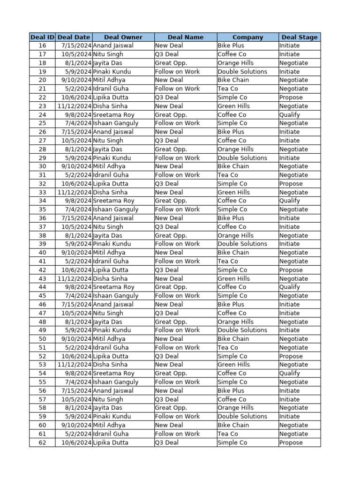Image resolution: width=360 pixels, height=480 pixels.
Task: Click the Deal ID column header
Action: (42, 37)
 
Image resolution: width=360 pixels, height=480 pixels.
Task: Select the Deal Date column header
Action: (74, 37)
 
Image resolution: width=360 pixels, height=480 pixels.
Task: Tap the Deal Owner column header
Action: (123, 37)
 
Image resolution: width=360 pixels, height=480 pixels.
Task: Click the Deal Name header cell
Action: (186, 37)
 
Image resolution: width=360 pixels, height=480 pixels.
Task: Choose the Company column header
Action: (247, 37)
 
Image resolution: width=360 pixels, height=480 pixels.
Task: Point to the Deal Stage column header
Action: (300, 37)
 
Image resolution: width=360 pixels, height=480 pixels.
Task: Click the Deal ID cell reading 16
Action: (42, 45)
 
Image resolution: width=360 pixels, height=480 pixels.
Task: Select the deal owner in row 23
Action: (110, 106)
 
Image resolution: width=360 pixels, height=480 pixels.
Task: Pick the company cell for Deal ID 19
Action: (242, 72)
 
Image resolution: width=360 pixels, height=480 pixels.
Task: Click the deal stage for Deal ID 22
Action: (291, 97)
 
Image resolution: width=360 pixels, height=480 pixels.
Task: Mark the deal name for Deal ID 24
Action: (171, 115)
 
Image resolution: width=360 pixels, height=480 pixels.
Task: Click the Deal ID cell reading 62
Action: (42, 442)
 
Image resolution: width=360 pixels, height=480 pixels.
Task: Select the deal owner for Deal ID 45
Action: (116, 296)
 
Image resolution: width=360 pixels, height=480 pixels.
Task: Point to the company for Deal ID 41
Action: (228, 261)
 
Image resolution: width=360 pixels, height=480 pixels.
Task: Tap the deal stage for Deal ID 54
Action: (290, 373)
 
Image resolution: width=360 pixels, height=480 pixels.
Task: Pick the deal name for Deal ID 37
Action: (167, 227)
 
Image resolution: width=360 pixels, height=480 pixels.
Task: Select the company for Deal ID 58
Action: (236, 408)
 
